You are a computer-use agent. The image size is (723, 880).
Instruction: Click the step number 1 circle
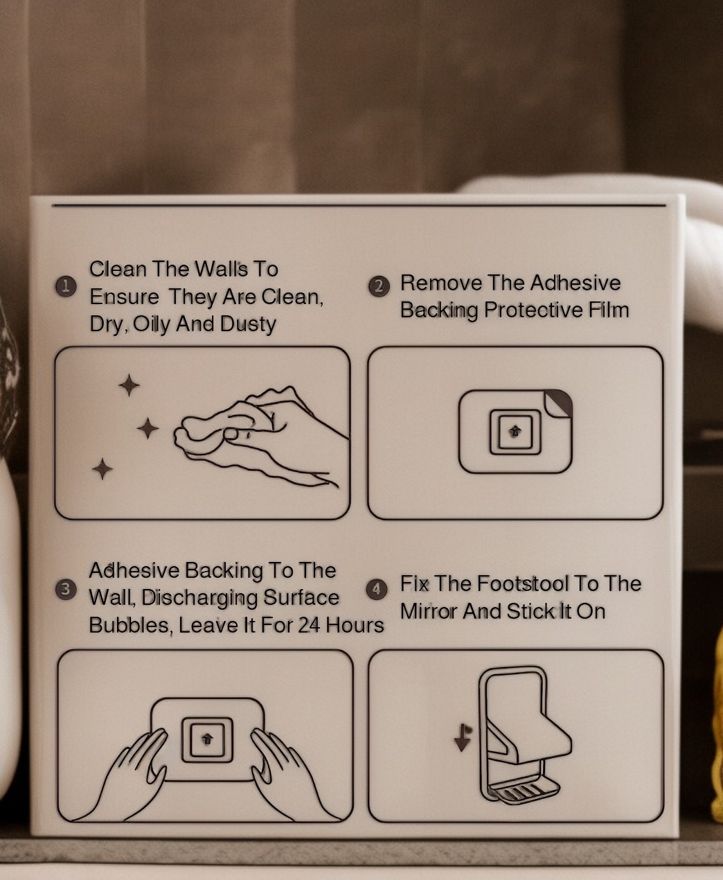pos(66,287)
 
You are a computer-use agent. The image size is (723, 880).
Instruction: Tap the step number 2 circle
pos(379,286)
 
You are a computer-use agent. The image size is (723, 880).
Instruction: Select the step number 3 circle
pos(66,589)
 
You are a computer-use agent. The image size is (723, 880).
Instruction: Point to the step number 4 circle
pos(377,589)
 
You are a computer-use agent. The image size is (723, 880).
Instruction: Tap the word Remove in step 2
pos(441,283)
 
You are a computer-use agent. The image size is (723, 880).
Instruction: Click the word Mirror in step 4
pos(429,611)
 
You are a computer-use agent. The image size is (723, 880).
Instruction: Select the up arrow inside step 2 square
pos(515,431)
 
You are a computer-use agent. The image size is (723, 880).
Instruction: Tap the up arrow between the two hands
pos(207,739)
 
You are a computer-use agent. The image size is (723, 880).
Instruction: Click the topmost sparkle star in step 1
pos(129,385)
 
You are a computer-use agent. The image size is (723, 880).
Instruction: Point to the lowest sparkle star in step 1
pos(102,468)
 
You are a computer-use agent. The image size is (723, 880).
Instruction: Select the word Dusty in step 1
pos(248,325)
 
